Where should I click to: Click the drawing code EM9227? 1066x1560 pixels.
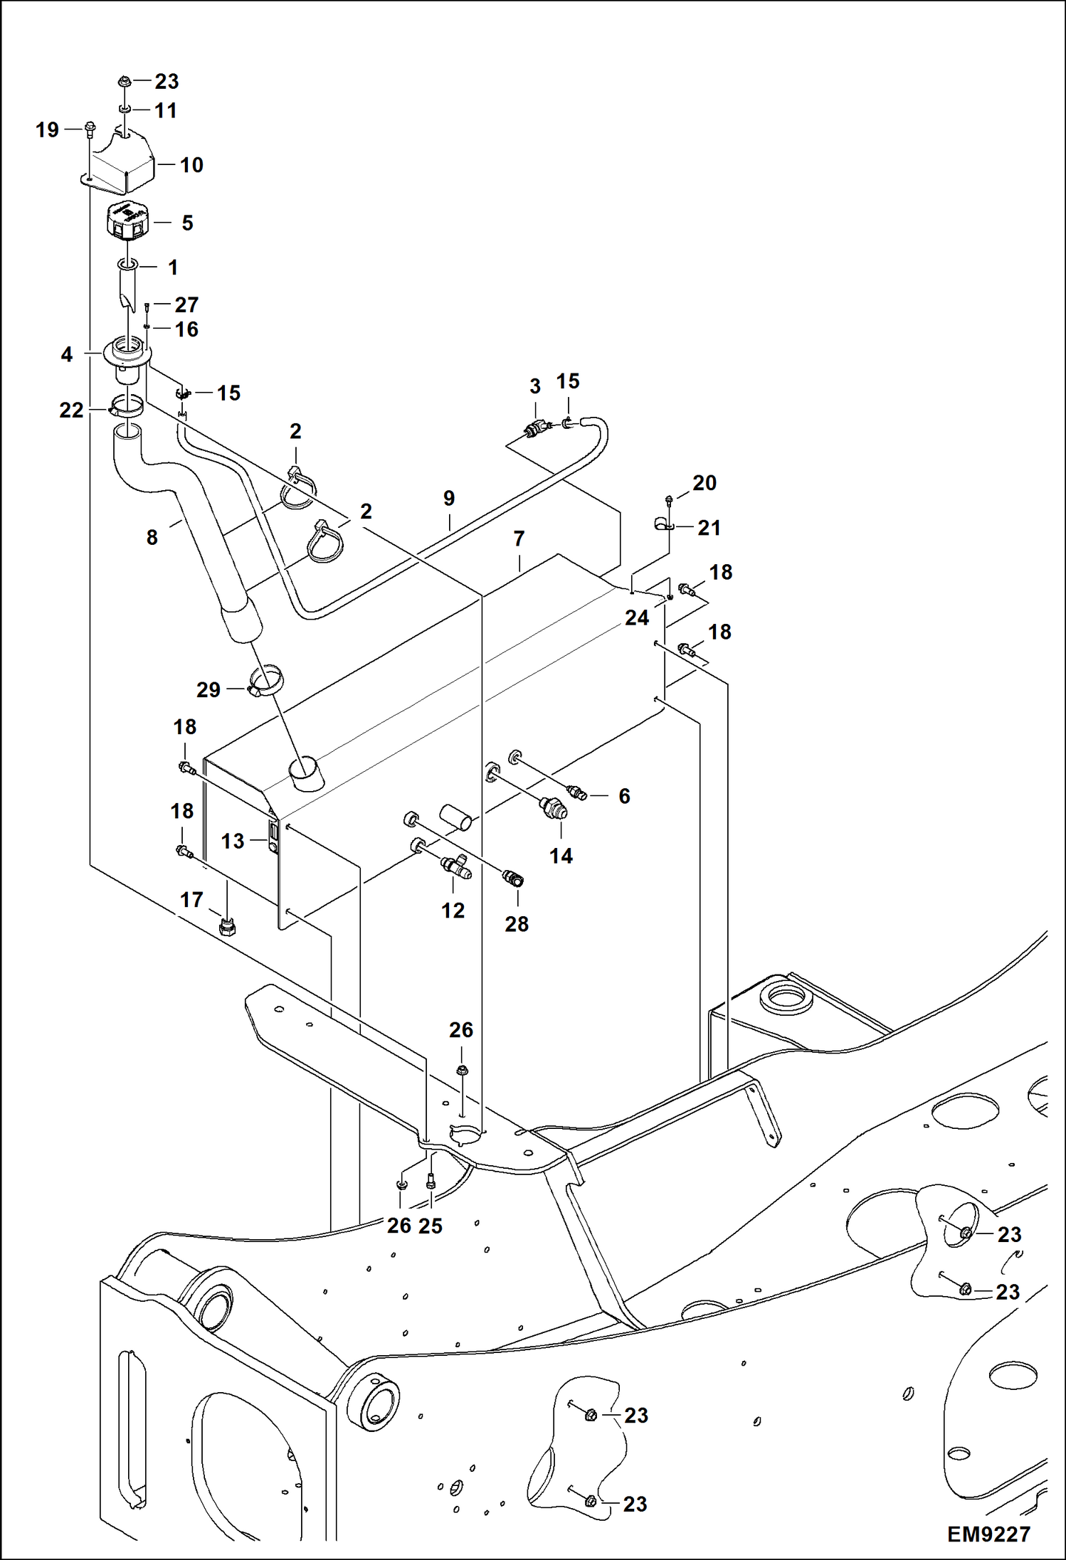(x=988, y=1534)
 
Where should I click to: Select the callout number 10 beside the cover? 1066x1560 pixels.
(x=191, y=165)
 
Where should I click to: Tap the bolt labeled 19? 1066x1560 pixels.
(x=90, y=129)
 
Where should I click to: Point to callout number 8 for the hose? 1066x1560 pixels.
(x=152, y=537)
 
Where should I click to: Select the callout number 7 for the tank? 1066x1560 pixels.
(x=519, y=538)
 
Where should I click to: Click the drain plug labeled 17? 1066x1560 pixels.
(x=228, y=927)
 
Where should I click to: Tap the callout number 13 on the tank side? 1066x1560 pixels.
(x=232, y=841)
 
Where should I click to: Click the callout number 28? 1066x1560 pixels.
(x=517, y=924)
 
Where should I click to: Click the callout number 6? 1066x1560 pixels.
(x=624, y=796)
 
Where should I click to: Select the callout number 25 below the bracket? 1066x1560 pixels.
(x=431, y=1226)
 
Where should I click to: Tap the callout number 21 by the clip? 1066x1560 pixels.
(x=709, y=528)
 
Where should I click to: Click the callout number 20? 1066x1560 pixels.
(x=704, y=482)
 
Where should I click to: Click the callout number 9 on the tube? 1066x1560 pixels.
(x=449, y=498)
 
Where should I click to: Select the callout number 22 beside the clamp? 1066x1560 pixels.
(x=71, y=410)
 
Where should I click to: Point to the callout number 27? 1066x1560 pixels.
(x=186, y=304)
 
